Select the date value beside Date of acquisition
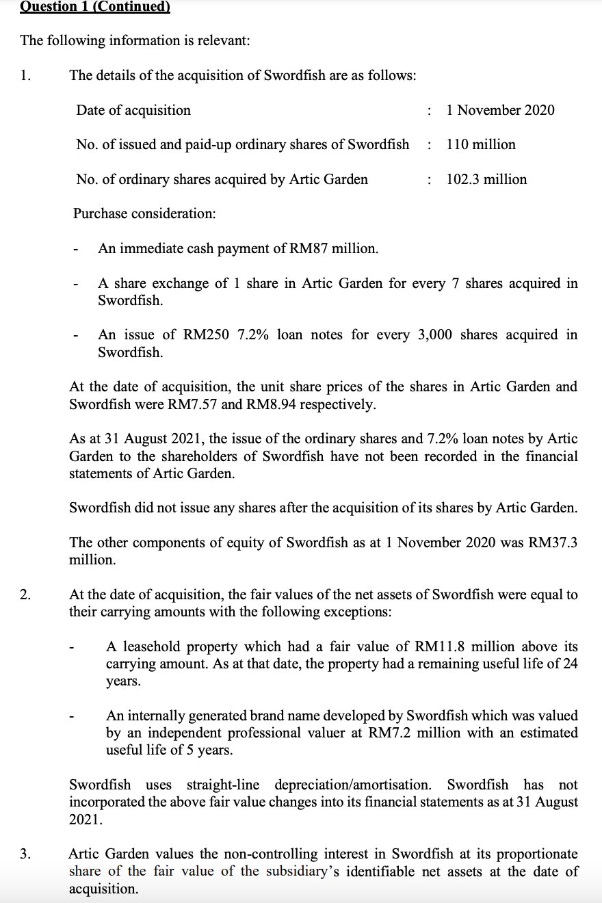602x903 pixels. point(500,110)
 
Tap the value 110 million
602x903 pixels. point(481,144)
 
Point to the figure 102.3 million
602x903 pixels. point(486,179)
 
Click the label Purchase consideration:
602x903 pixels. point(144,213)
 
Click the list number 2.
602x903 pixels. point(25,594)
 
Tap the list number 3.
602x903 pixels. point(25,854)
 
